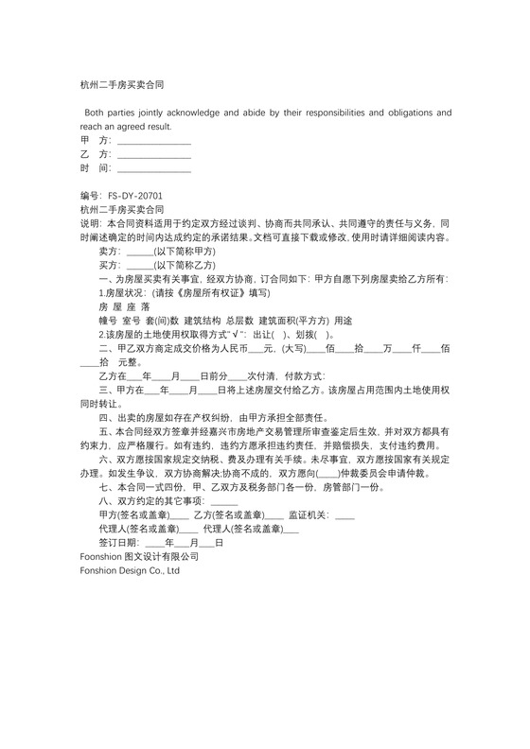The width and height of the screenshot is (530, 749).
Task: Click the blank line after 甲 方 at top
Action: pyautogui.click(x=153, y=140)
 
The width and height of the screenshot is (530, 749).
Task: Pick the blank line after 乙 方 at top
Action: pyautogui.click(x=153, y=153)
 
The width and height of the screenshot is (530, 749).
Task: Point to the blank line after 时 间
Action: pyautogui.click(x=153, y=167)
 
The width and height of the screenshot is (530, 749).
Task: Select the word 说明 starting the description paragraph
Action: pyautogui.click(x=88, y=223)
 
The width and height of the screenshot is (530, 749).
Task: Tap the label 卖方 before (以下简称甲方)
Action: pyautogui.click(x=110, y=252)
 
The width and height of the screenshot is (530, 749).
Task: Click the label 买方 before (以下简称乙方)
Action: pyautogui.click(x=110, y=266)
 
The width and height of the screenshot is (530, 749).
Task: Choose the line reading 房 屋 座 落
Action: pyautogui.click(x=124, y=307)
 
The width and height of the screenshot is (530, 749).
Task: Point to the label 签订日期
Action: pyautogui.click(x=119, y=544)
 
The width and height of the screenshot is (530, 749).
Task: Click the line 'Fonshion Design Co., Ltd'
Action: pyautogui.click(x=131, y=571)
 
